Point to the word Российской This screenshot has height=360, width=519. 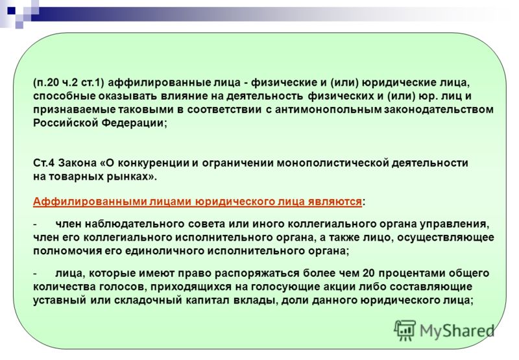[x=66, y=123]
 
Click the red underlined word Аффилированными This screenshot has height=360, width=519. [x=90, y=202]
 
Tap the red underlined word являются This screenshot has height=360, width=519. [x=335, y=202]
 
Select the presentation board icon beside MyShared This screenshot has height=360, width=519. [x=405, y=330]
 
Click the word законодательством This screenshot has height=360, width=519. [x=439, y=110]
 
